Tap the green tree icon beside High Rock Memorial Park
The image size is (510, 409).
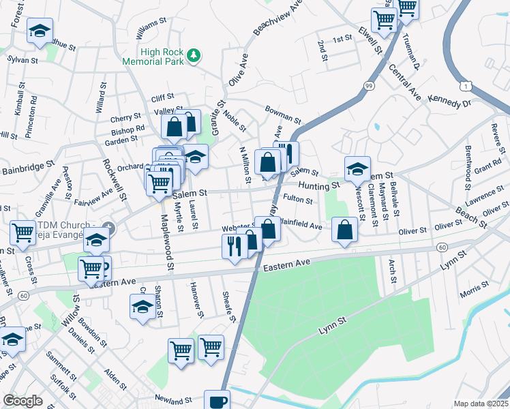coord(194,55)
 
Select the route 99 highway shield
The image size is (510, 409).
coord(369,85)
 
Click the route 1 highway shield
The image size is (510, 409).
coord(466,86)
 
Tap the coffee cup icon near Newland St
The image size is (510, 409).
coord(217,401)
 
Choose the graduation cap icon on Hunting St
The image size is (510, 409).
coord(357,168)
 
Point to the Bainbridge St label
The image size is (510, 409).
coord(27,166)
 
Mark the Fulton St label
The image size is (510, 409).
coord(297,200)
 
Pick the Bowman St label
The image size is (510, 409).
coord(283,110)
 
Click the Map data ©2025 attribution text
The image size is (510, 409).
coord(481,404)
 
